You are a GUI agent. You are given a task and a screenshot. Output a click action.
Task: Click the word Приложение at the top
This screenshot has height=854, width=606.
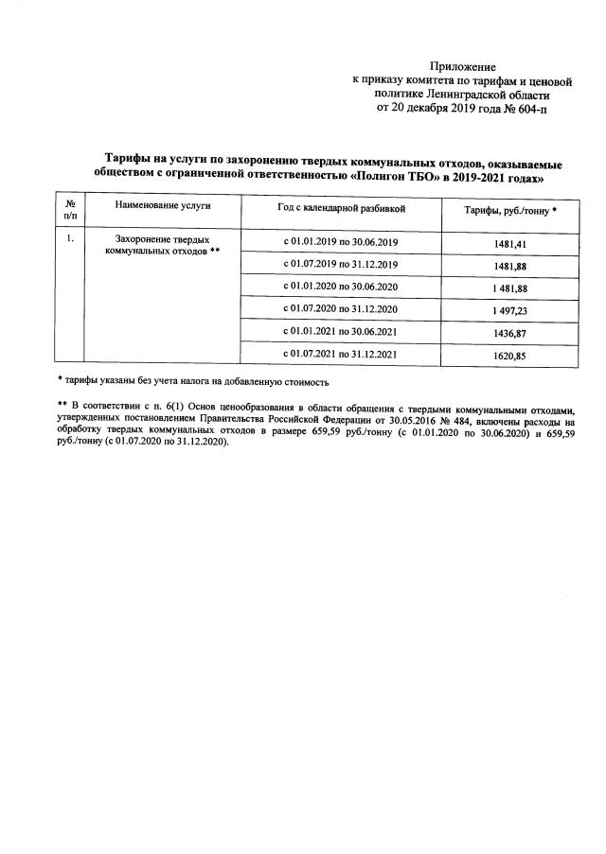point(463,66)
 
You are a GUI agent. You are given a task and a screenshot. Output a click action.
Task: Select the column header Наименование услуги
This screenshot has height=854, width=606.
point(162,205)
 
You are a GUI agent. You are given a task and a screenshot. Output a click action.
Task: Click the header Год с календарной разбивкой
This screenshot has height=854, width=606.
point(341,206)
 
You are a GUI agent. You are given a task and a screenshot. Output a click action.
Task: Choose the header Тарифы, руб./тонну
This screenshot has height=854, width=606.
point(509,208)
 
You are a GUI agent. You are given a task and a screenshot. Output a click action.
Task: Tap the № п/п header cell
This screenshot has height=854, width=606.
point(69,211)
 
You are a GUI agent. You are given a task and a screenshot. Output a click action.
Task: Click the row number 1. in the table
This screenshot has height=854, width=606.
point(69,239)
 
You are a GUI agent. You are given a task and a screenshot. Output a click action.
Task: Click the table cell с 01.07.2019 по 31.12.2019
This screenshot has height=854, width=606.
point(341,264)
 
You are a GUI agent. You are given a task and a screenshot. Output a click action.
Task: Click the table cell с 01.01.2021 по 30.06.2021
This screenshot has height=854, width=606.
point(341,331)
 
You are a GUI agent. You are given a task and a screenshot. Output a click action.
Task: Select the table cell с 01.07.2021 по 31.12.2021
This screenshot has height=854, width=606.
point(341,354)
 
